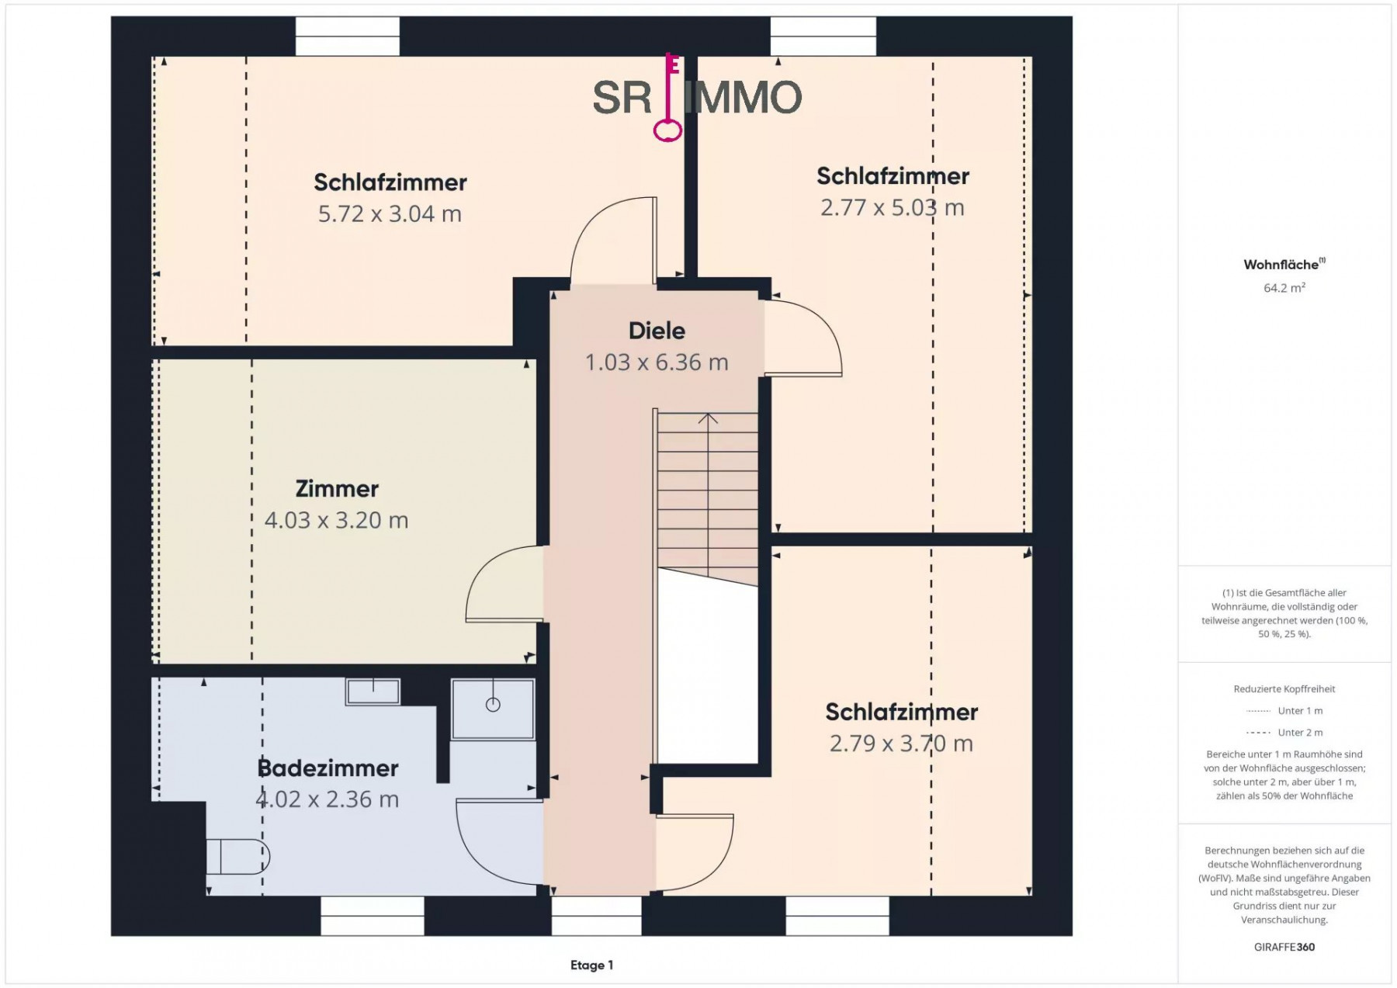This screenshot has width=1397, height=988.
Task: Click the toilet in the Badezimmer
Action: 237,856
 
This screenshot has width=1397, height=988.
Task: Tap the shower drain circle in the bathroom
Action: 493,705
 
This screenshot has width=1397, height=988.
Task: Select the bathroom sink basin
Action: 373,692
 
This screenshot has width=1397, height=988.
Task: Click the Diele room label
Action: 657,331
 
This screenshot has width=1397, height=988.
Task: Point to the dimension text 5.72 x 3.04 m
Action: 390,213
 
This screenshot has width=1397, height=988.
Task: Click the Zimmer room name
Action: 337,489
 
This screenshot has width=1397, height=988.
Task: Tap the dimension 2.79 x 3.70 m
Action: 901,744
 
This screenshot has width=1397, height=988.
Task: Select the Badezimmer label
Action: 328,768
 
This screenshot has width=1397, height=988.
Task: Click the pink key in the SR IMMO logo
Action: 668,98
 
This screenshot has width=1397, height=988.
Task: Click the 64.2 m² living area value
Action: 1284,288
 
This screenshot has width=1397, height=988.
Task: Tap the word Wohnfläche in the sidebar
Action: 1281,265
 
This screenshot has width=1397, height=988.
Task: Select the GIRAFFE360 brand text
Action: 1284,947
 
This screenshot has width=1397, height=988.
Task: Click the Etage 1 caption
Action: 591,965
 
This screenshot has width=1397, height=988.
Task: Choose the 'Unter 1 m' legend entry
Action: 1284,711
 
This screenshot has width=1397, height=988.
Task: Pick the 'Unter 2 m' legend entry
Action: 1284,733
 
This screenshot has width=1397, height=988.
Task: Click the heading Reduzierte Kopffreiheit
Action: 1284,689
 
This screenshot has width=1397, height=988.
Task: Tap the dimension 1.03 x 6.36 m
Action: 657,362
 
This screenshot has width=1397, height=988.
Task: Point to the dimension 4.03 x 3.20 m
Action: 336,520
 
